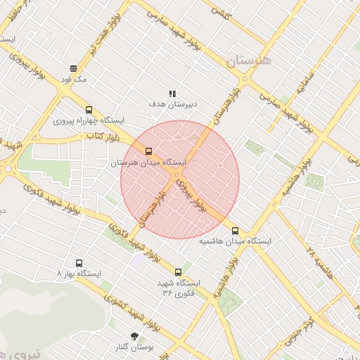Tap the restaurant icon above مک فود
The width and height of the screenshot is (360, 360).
[73, 68]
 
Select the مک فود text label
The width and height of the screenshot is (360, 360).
[73, 79]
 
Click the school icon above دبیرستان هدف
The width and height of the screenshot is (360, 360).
[172, 93]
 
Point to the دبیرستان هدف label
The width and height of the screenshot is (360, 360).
[172, 103]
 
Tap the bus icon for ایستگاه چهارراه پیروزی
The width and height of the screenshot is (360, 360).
[89, 110]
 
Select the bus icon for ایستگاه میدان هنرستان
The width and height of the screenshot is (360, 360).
[148, 151]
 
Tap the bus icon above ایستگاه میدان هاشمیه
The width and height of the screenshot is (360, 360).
[235, 230]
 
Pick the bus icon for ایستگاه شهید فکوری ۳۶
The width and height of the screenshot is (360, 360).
[177, 272]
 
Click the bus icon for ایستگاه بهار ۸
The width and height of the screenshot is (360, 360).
[70, 261]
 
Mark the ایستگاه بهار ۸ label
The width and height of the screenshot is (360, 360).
[79, 273]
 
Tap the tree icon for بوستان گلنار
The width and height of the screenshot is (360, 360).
[134, 336]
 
